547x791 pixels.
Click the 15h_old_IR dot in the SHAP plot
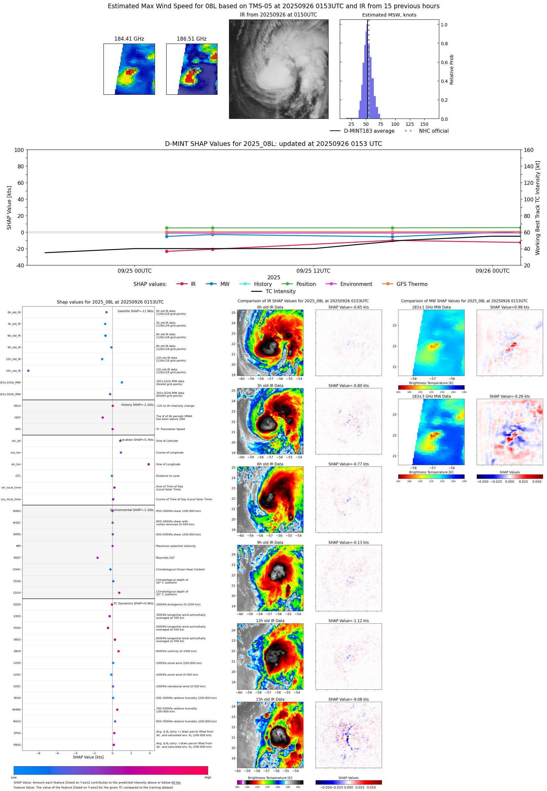pyautogui.click(x=28, y=371)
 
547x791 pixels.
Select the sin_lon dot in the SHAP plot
pyautogui.click(x=148, y=464)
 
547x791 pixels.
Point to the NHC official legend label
pyautogui.click(x=434, y=131)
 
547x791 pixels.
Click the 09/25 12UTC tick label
pyautogui.click(x=313, y=271)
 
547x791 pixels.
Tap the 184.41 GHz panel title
pyautogui.click(x=129, y=39)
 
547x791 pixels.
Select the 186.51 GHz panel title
pyautogui.click(x=192, y=39)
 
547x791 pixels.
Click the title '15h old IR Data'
pyautogui.click(x=270, y=699)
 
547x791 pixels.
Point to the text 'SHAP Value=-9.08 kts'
pyautogui.click(x=349, y=699)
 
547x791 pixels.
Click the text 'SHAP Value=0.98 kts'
pyautogui.click(x=510, y=307)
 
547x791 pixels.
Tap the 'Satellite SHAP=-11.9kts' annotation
pyautogui.click(x=136, y=311)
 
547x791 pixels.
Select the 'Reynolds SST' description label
pyautogui.click(x=165, y=558)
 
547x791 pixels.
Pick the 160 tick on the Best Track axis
pyautogui.click(x=528, y=150)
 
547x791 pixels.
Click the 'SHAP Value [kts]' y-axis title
pyautogui.click(x=9, y=207)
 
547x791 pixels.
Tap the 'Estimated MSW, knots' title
pyautogui.click(x=389, y=15)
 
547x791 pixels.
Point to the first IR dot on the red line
pyautogui.click(x=167, y=251)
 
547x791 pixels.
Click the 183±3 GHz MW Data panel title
pyautogui.click(x=431, y=396)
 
